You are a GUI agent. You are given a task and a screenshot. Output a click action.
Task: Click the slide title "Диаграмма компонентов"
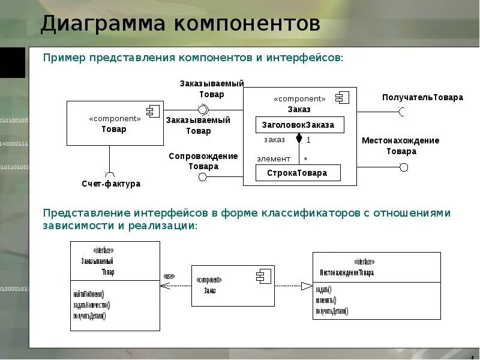[x=180, y=25]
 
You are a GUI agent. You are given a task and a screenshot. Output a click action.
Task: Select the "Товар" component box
[x=115, y=123]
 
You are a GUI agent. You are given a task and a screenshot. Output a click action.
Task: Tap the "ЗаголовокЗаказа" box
[x=299, y=125]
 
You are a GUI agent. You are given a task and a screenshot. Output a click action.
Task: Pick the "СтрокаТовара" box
[x=298, y=173]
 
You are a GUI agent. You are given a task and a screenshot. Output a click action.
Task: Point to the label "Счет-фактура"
[x=111, y=184]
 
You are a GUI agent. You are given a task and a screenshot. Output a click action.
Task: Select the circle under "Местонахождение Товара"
[x=404, y=167]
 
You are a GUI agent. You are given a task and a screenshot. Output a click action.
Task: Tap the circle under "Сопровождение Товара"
[x=203, y=177]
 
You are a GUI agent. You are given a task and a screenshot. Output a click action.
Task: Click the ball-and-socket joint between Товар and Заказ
[x=203, y=109]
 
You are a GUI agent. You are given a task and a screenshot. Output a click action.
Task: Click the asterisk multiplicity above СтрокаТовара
[x=305, y=160]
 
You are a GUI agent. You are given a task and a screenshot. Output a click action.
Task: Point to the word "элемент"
[x=274, y=159]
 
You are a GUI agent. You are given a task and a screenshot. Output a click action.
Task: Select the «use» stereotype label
[x=169, y=277]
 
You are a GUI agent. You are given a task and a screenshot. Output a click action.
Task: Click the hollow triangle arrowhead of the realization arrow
[x=307, y=286]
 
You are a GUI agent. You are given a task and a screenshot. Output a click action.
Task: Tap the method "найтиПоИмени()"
[x=88, y=294]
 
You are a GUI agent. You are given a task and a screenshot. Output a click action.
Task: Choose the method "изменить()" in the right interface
[x=326, y=300]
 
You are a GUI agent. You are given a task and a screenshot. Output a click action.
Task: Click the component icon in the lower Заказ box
[x=263, y=277]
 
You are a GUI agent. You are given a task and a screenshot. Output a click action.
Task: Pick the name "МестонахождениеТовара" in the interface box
[x=346, y=272]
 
